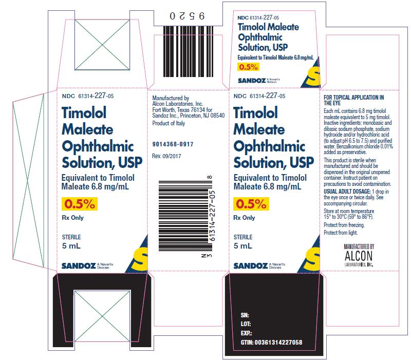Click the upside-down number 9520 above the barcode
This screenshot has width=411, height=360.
[187, 16]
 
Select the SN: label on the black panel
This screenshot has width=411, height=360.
[245, 315]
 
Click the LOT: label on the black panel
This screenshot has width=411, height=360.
[246, 324]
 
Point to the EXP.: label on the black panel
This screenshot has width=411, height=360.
[247, 333]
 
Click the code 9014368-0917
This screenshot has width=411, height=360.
[173, 144]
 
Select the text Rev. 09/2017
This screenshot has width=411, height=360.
[166, 156]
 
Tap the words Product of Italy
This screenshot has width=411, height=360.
[169, 123]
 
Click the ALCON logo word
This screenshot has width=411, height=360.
[359, 256]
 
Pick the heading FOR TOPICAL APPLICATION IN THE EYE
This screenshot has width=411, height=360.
[354, 100]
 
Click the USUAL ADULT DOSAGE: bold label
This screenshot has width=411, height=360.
[347, 192]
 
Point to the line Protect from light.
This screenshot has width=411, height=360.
[341, 233]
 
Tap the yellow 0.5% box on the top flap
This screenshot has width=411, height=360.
[248, 67]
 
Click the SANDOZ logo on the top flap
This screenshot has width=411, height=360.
[252, 81]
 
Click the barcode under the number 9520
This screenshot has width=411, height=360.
[188, 51]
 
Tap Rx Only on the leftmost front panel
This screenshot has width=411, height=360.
[72, 218]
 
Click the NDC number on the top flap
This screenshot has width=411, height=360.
[258, 18]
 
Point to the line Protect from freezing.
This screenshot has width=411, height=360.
[344, 225]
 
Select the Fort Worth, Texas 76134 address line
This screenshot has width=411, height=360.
[182, 110]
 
